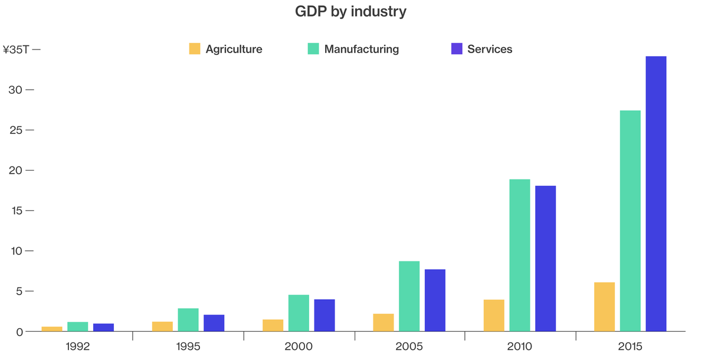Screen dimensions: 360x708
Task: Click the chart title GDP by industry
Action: (350, 12)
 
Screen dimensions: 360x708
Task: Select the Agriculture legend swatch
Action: (195, 49)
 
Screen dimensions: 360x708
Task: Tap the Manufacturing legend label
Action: (361, 49)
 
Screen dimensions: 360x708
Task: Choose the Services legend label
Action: (490, 49)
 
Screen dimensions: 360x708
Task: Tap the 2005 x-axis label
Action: (409, 346)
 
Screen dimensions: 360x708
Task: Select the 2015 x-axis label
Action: (630, 346)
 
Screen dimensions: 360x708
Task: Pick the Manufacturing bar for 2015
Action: (630, 221)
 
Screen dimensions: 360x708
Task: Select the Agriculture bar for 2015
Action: (604, 307)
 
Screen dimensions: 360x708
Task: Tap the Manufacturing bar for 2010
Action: (520, 255)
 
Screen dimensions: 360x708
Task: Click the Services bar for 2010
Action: (545, 258)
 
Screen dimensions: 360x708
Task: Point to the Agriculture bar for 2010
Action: (494, 316)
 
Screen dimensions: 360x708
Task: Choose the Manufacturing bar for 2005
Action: (409, 296)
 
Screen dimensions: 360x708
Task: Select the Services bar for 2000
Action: (324, 316)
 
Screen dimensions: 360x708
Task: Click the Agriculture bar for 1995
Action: (162, 326)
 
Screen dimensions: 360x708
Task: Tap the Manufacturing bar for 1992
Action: (77, 326)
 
